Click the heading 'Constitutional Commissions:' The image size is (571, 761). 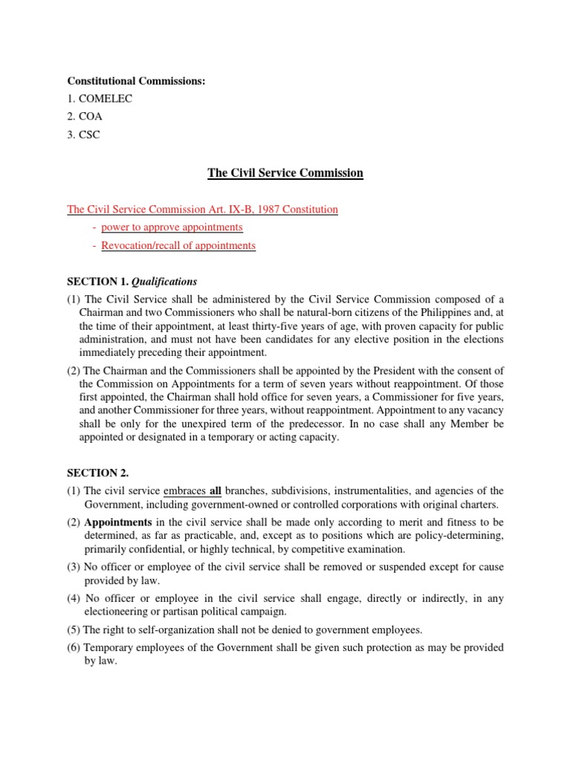point(136,81)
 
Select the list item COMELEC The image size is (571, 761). point(100,99)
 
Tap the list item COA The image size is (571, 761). point(90,117)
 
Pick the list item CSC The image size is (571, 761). point(89,135)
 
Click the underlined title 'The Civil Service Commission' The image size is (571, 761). point(285,173)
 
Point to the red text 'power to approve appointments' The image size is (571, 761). point(172,227)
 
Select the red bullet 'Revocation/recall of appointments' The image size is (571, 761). point(178,245)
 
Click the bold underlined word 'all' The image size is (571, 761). point(217,491)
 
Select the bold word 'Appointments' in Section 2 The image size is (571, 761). point(119,522)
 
